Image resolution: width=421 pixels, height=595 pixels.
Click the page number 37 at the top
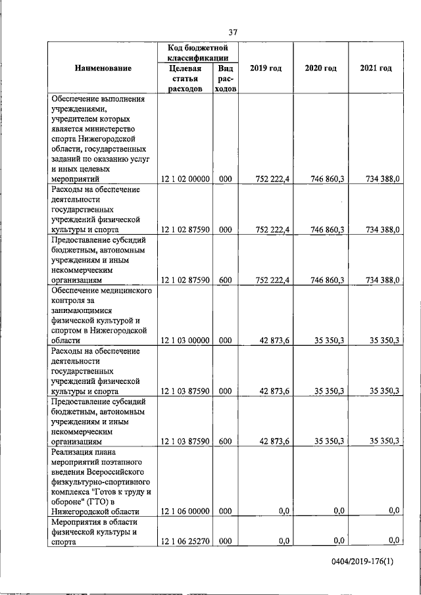pos(233,32)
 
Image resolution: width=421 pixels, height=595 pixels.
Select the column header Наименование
pos(103,68)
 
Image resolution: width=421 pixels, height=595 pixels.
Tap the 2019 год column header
pos(266,68)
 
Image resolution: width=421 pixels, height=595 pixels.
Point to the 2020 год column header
pos(321,68)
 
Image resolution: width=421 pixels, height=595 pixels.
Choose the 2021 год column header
pos(376,68)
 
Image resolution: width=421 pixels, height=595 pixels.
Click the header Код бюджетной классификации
pos(197,53)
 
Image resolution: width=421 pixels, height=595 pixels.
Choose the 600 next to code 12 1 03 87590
pos(225,441)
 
